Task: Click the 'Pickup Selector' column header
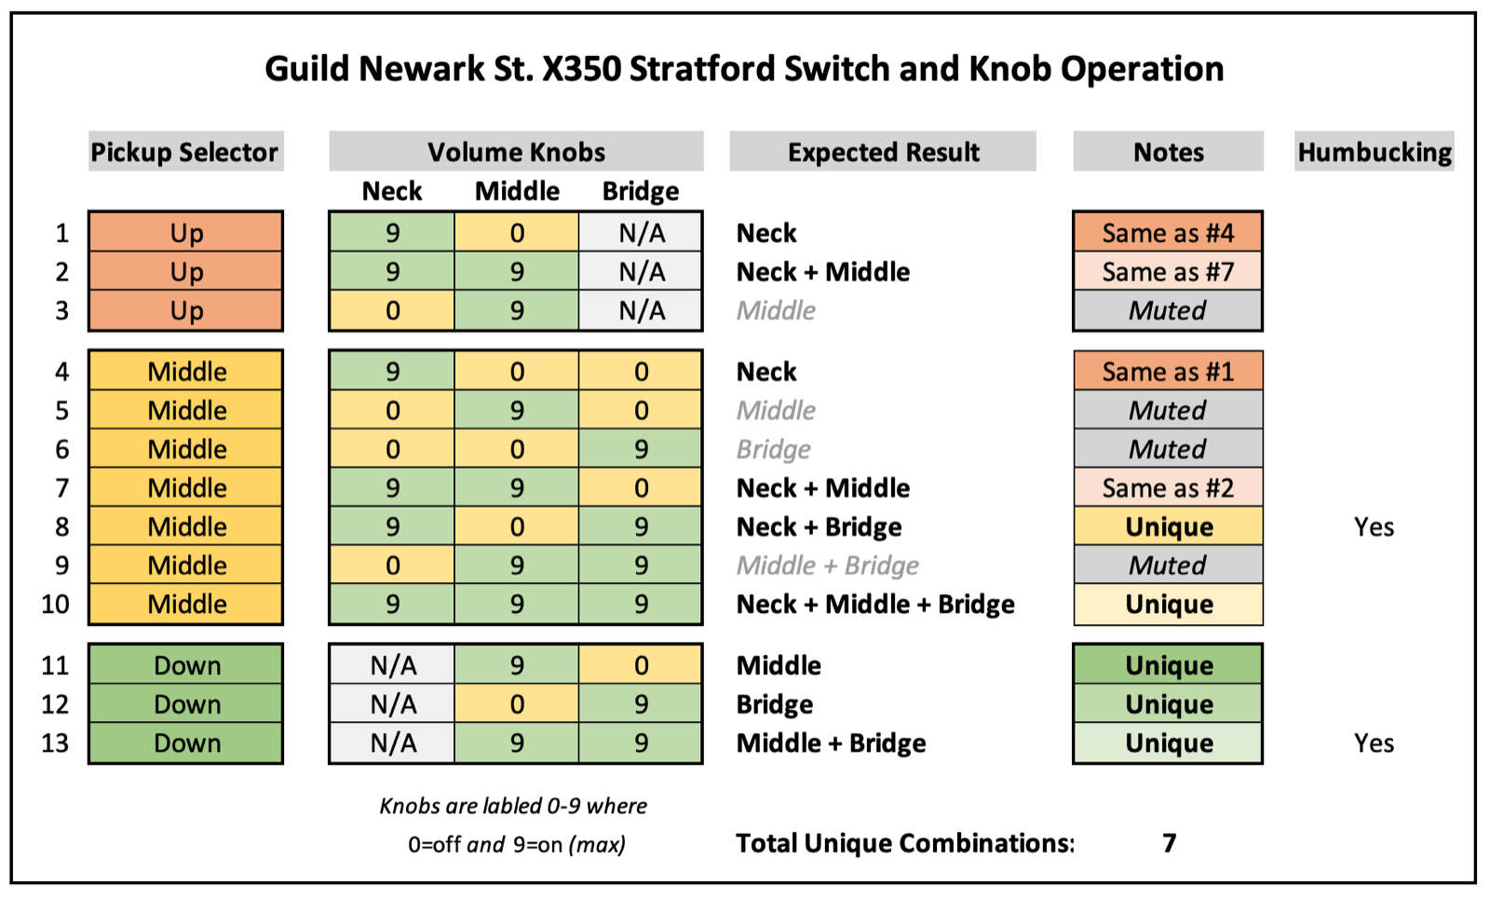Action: [x=185, y=152]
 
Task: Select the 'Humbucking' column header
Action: [x=1375, y=152]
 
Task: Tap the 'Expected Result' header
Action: [x=883, y=152]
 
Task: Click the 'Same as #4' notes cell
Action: [x=1168, y=232]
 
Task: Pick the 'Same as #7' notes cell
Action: [x=1168, y=271]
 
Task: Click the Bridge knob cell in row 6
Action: [x=641, y=448]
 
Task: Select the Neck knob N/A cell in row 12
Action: [x=392, y=703]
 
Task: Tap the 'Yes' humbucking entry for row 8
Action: [x=1375, y=526]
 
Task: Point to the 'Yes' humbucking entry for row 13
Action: [x=1375, y=742]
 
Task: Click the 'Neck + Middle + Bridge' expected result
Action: [x=875, y=604]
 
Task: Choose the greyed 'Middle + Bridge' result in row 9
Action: [x=828, y=565]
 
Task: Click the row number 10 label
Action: [x=55, y=604]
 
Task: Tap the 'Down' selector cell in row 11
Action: [x=186, y=664]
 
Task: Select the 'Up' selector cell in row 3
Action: [x=186, y=310]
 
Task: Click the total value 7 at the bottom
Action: [x=1170, y=842]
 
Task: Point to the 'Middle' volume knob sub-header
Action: [x=517, y=191]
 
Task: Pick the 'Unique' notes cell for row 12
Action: [x=1168, y=703]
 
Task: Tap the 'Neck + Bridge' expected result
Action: [x=819, y=526]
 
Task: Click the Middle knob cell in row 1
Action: [x=517, y=232]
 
